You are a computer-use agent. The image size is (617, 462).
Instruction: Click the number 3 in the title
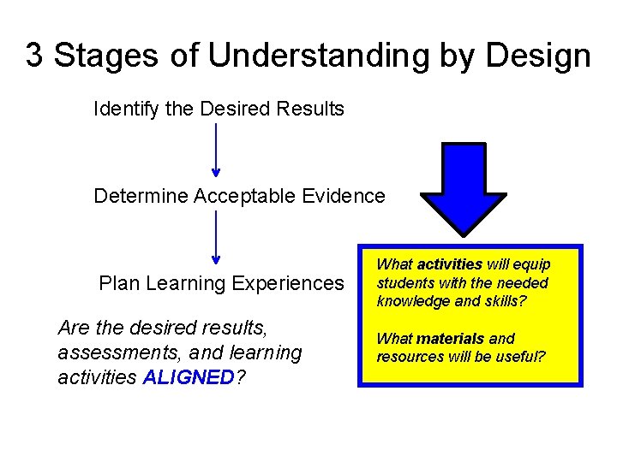34,56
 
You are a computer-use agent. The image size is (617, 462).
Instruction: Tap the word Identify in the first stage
118,110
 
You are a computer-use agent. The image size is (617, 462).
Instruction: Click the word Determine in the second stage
141,196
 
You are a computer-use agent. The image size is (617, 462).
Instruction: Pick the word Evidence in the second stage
344,196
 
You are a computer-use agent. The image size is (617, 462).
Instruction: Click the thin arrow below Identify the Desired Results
215,151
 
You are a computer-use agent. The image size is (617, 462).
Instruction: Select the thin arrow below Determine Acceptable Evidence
215,237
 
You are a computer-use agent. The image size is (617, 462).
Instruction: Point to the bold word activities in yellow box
450,265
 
